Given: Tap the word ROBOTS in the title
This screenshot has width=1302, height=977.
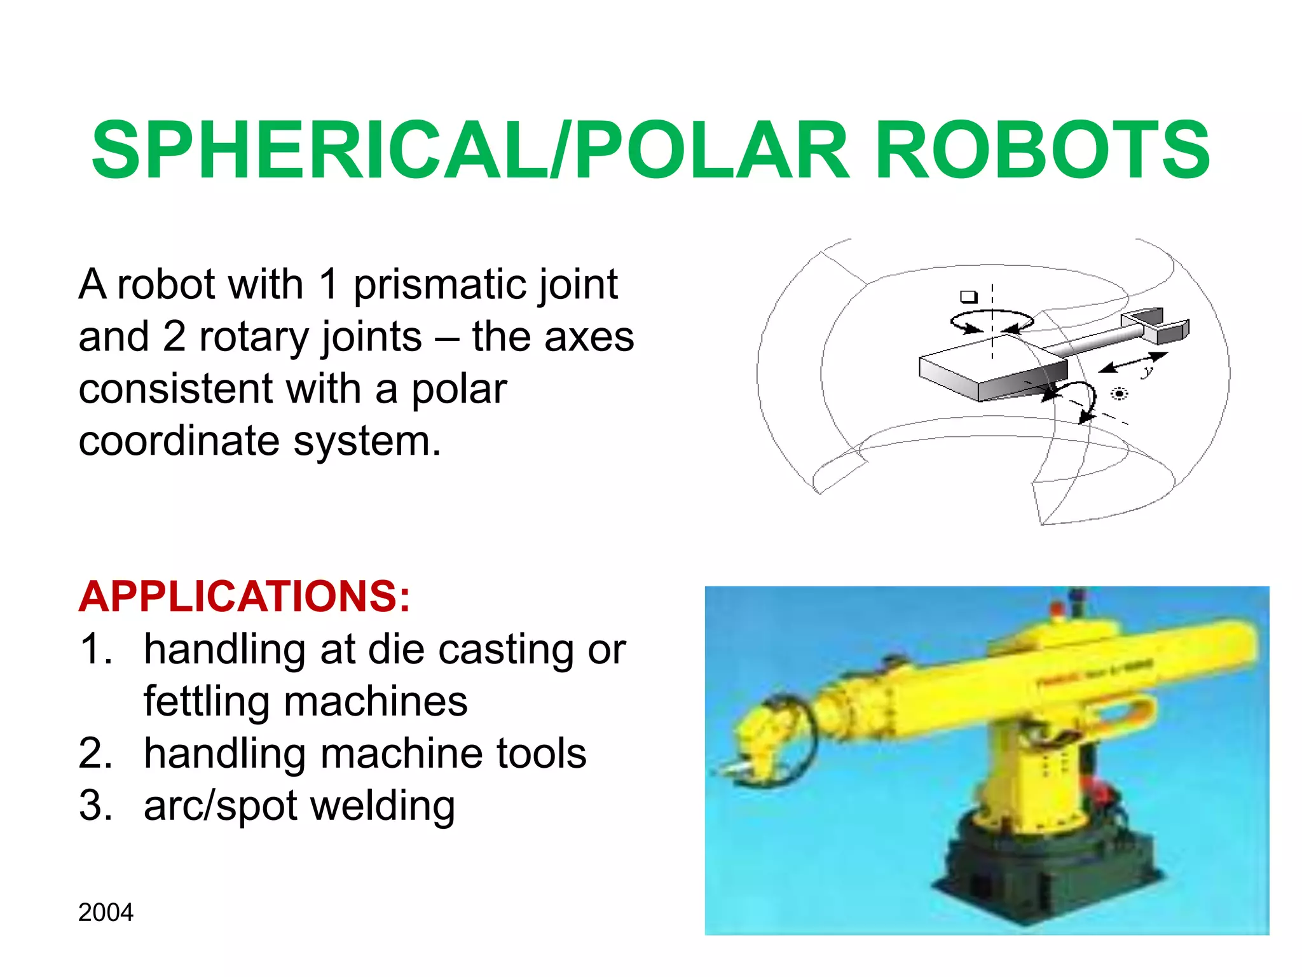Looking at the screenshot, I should click(1043, 151).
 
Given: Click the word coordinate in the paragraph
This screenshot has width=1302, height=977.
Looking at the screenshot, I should click(179, 441).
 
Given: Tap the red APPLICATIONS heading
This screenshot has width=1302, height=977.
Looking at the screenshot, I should click(244, 597).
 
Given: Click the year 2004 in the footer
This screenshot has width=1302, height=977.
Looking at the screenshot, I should click(106, 913).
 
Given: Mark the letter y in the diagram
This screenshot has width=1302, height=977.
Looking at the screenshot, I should click(1147, 370).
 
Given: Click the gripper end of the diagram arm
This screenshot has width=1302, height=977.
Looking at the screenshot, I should click(1157, 324).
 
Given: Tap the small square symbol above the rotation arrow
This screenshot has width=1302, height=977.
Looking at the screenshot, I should click(968, 296).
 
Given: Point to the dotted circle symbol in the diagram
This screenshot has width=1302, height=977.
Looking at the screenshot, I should click(1120, 394).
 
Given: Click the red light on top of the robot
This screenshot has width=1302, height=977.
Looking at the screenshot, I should click(1057, 609).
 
